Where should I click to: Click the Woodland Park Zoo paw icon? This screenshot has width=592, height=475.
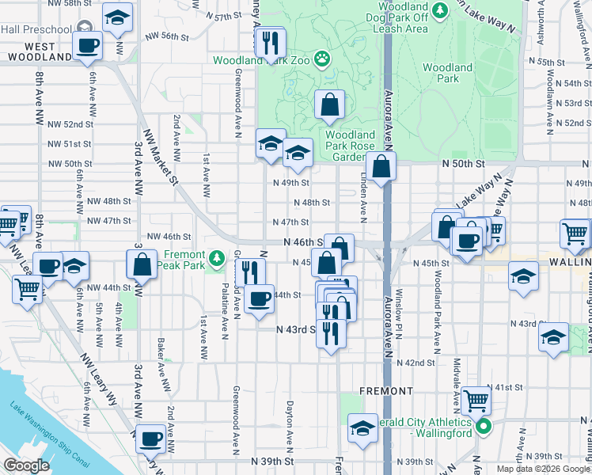click(x=322, y=58)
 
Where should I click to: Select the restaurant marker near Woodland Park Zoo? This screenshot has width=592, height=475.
click(x=271, y=41)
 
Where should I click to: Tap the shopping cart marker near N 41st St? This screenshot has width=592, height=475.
click(x=475, y=401)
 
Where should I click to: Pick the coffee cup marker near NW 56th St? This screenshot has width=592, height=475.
click(x=87, y=45)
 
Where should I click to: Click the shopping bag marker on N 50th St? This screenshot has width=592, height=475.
click(x=381, y=167)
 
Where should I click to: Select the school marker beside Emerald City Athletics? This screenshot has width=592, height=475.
click(x=362, y=428)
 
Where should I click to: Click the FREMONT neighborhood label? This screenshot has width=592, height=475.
click(x=385, y=391)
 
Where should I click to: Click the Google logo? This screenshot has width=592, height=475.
click(x=26, y=465)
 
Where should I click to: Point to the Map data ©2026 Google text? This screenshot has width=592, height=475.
click(x=542, y=469)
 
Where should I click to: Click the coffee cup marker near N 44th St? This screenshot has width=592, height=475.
click(x=259, y=299)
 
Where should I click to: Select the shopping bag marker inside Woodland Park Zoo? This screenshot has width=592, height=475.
click(x=329, y=104)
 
